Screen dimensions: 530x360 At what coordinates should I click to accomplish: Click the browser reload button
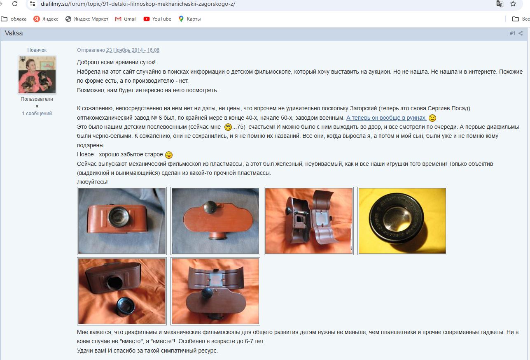(x=15, y=4)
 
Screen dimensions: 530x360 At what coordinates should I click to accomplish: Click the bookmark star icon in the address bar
(x=513, y=4)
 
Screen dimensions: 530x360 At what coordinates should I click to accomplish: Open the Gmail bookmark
(x=126, y=19)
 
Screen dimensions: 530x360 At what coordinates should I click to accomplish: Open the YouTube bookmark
(x=157, y=19)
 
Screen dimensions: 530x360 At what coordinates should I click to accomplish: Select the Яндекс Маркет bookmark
(x=87, y=19)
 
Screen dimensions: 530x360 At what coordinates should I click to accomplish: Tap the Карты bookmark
(x=189, y=19)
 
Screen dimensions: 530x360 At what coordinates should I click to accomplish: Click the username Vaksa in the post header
(x=14, y=33)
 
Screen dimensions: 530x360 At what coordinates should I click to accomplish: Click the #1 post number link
(x=512, y=33)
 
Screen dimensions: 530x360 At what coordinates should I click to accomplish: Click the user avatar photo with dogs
(x=37, y=75)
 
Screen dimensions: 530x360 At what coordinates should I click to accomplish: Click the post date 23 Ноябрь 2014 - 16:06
(x=133, y=50)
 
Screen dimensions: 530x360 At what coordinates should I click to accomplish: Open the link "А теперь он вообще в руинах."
(x=386, y=118)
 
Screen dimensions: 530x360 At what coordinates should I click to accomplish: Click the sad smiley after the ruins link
(x=432, y=118)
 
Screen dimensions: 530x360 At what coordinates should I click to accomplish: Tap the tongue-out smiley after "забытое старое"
(x=169, y=155)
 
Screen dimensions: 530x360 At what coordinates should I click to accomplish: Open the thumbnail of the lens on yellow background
(x=402, y=221)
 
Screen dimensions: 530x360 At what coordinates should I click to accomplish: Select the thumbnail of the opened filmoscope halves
(x=309, y=221)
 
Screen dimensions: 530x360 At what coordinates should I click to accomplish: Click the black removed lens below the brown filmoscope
(x=125, y=307)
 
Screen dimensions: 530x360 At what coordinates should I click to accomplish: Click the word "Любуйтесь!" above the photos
(x=92, y=182)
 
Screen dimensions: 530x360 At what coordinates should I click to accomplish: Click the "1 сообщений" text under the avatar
(x=37, y=114)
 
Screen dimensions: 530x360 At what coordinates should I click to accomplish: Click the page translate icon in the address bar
(x=500, y=4)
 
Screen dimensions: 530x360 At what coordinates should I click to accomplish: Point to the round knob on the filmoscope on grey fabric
(x=210, y=207)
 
